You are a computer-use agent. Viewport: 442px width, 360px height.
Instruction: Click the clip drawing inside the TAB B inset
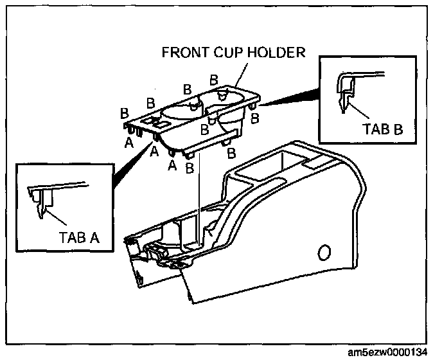click(350, 90)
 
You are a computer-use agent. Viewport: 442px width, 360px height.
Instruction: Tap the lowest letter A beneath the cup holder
click(171, 165)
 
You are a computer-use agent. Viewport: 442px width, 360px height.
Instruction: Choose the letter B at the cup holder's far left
click(125, 113)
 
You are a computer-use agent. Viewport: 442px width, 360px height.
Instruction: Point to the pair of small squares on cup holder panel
click(152, 120)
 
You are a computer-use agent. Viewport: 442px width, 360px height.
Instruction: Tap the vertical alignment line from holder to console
click(200, 193)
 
